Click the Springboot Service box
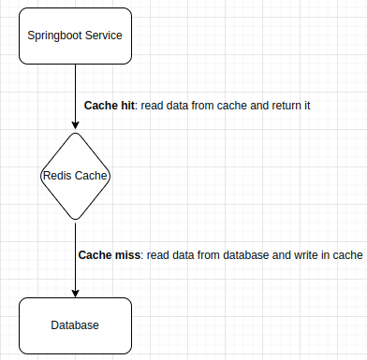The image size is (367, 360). [74, 36]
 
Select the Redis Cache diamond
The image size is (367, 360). [75, 176]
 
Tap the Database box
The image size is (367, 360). [74, 324]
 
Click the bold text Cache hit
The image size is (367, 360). [110, 106]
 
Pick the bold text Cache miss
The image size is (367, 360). [109, 254]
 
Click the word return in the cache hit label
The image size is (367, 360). [275, 106]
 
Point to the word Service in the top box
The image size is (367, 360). [107, 36]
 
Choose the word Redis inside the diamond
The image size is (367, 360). [57, 176]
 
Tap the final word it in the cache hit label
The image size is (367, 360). [305, 106]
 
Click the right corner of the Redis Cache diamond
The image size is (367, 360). [110, 176]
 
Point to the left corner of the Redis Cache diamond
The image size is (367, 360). [39, 176]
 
